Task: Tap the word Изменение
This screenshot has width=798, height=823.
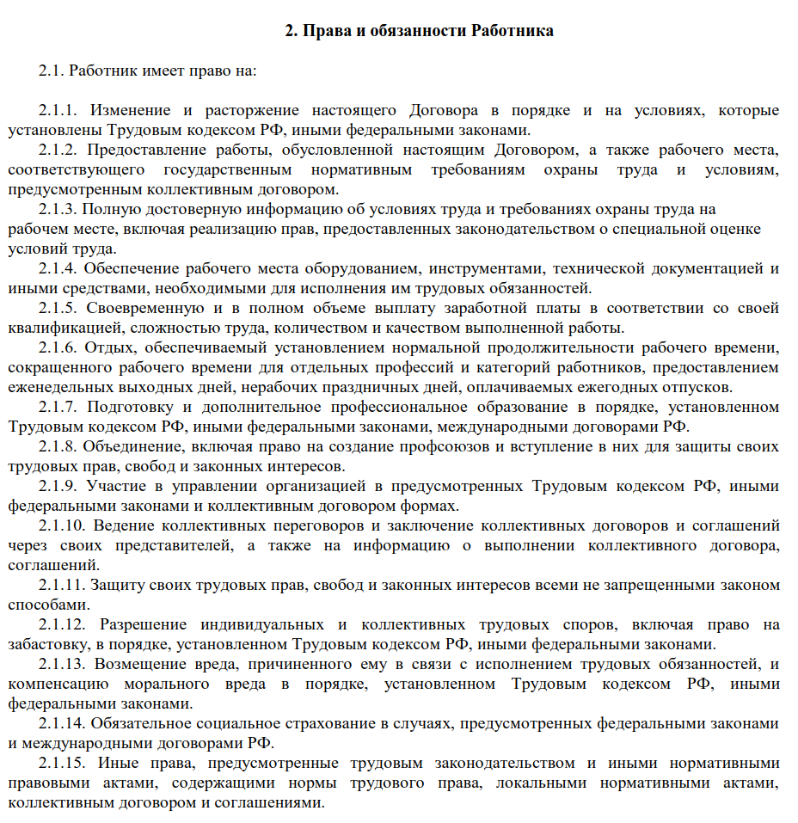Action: click(131, 111)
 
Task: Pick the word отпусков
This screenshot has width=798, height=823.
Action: click(703, 387)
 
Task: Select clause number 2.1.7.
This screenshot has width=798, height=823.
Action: click(58, 407)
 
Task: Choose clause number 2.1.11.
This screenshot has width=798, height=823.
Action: click(62, 585)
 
